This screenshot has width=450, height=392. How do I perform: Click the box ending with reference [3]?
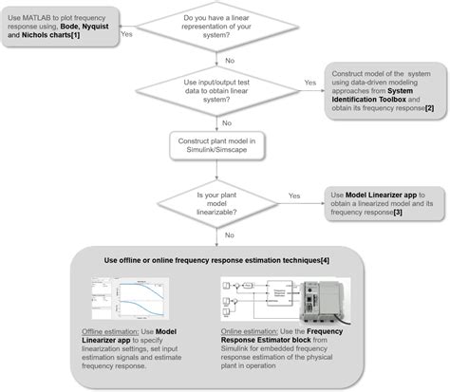pyautogui.click(x=376, y=204)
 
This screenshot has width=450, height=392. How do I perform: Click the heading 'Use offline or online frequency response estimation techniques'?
pyautogui.click(x=216, y=261)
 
